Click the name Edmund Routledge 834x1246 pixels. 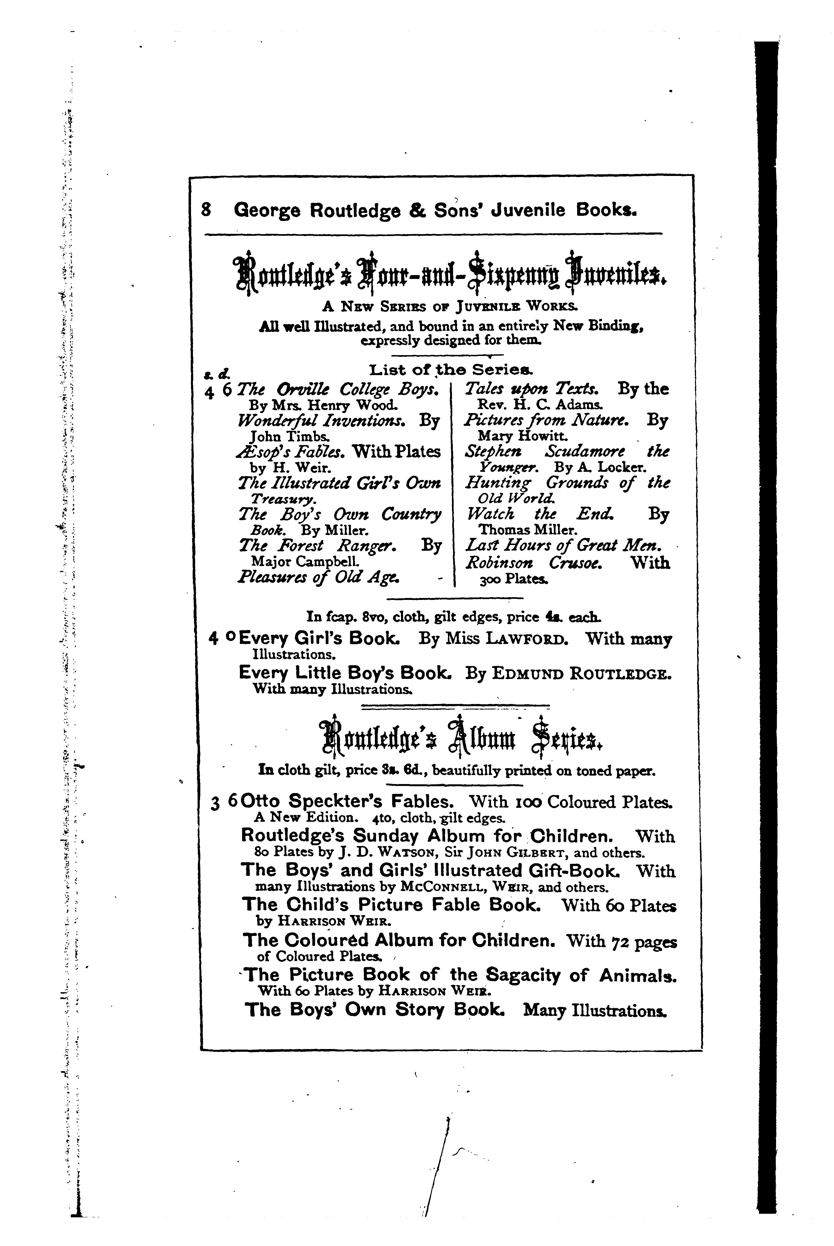click(581, 674)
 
